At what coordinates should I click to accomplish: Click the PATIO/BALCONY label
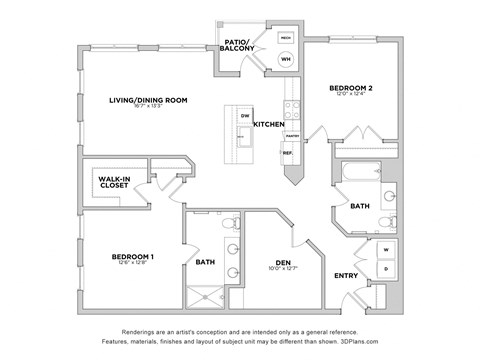point(238,43)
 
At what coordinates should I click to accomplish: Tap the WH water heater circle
point(285,59)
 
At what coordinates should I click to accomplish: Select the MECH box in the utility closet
point(285,36)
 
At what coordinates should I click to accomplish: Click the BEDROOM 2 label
point(351,89)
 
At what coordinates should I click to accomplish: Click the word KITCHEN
point(268,124)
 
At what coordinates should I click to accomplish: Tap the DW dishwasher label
point(246,116)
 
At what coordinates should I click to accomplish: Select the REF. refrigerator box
point(288,153)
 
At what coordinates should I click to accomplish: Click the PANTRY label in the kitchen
point(292,135)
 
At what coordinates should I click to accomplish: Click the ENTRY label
point(346,276)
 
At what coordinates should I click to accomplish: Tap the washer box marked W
point(386,248)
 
